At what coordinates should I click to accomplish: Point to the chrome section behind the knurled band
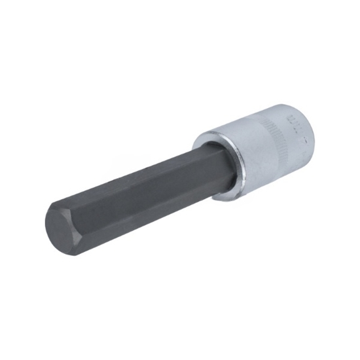[298, 141]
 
